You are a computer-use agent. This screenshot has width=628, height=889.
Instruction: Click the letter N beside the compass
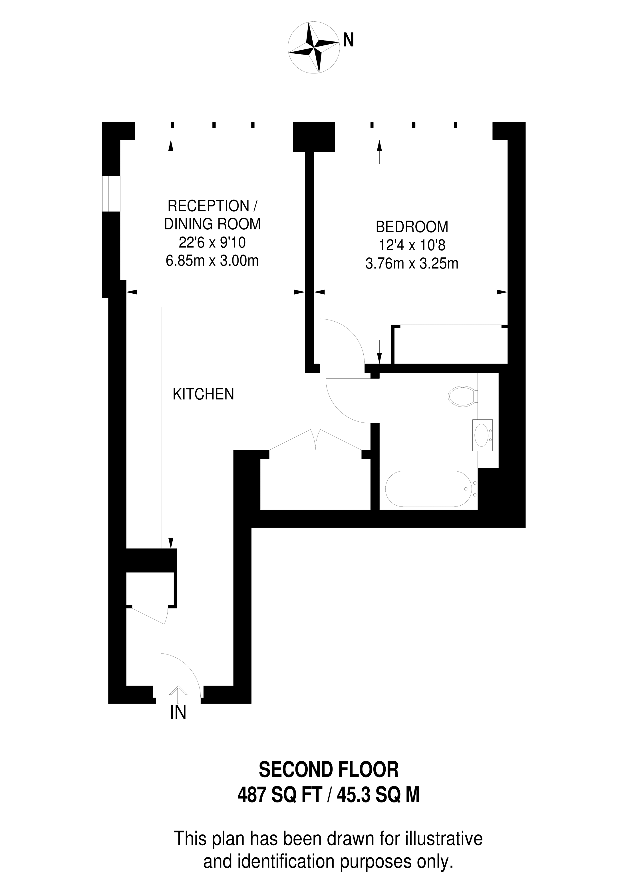coord(348,39)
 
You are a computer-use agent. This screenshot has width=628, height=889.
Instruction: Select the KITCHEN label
coord(203,394)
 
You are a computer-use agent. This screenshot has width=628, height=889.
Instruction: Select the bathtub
coord(428,489)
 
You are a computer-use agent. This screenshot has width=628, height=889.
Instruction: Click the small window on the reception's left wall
coord(111,194)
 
